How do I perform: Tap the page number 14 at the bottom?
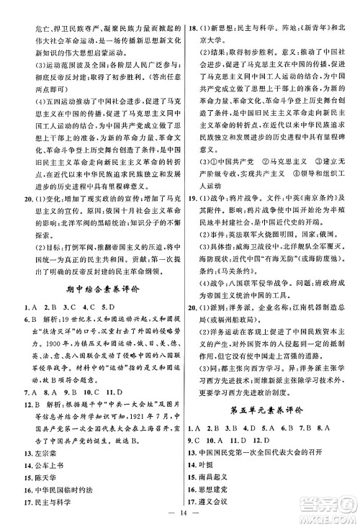click(x=179, y=515)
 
